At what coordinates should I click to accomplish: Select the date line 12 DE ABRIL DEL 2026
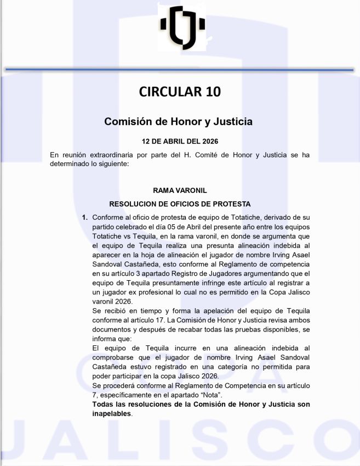(x=180, y=141)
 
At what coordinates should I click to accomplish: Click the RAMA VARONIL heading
(x=180, y=190)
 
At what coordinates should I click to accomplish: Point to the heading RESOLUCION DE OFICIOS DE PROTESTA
(x=180, y=204)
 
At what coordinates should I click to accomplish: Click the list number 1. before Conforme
(x=85, y=218)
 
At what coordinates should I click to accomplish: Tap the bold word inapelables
(x=112, y=413)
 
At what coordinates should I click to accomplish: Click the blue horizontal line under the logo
(x=180, y=70)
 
